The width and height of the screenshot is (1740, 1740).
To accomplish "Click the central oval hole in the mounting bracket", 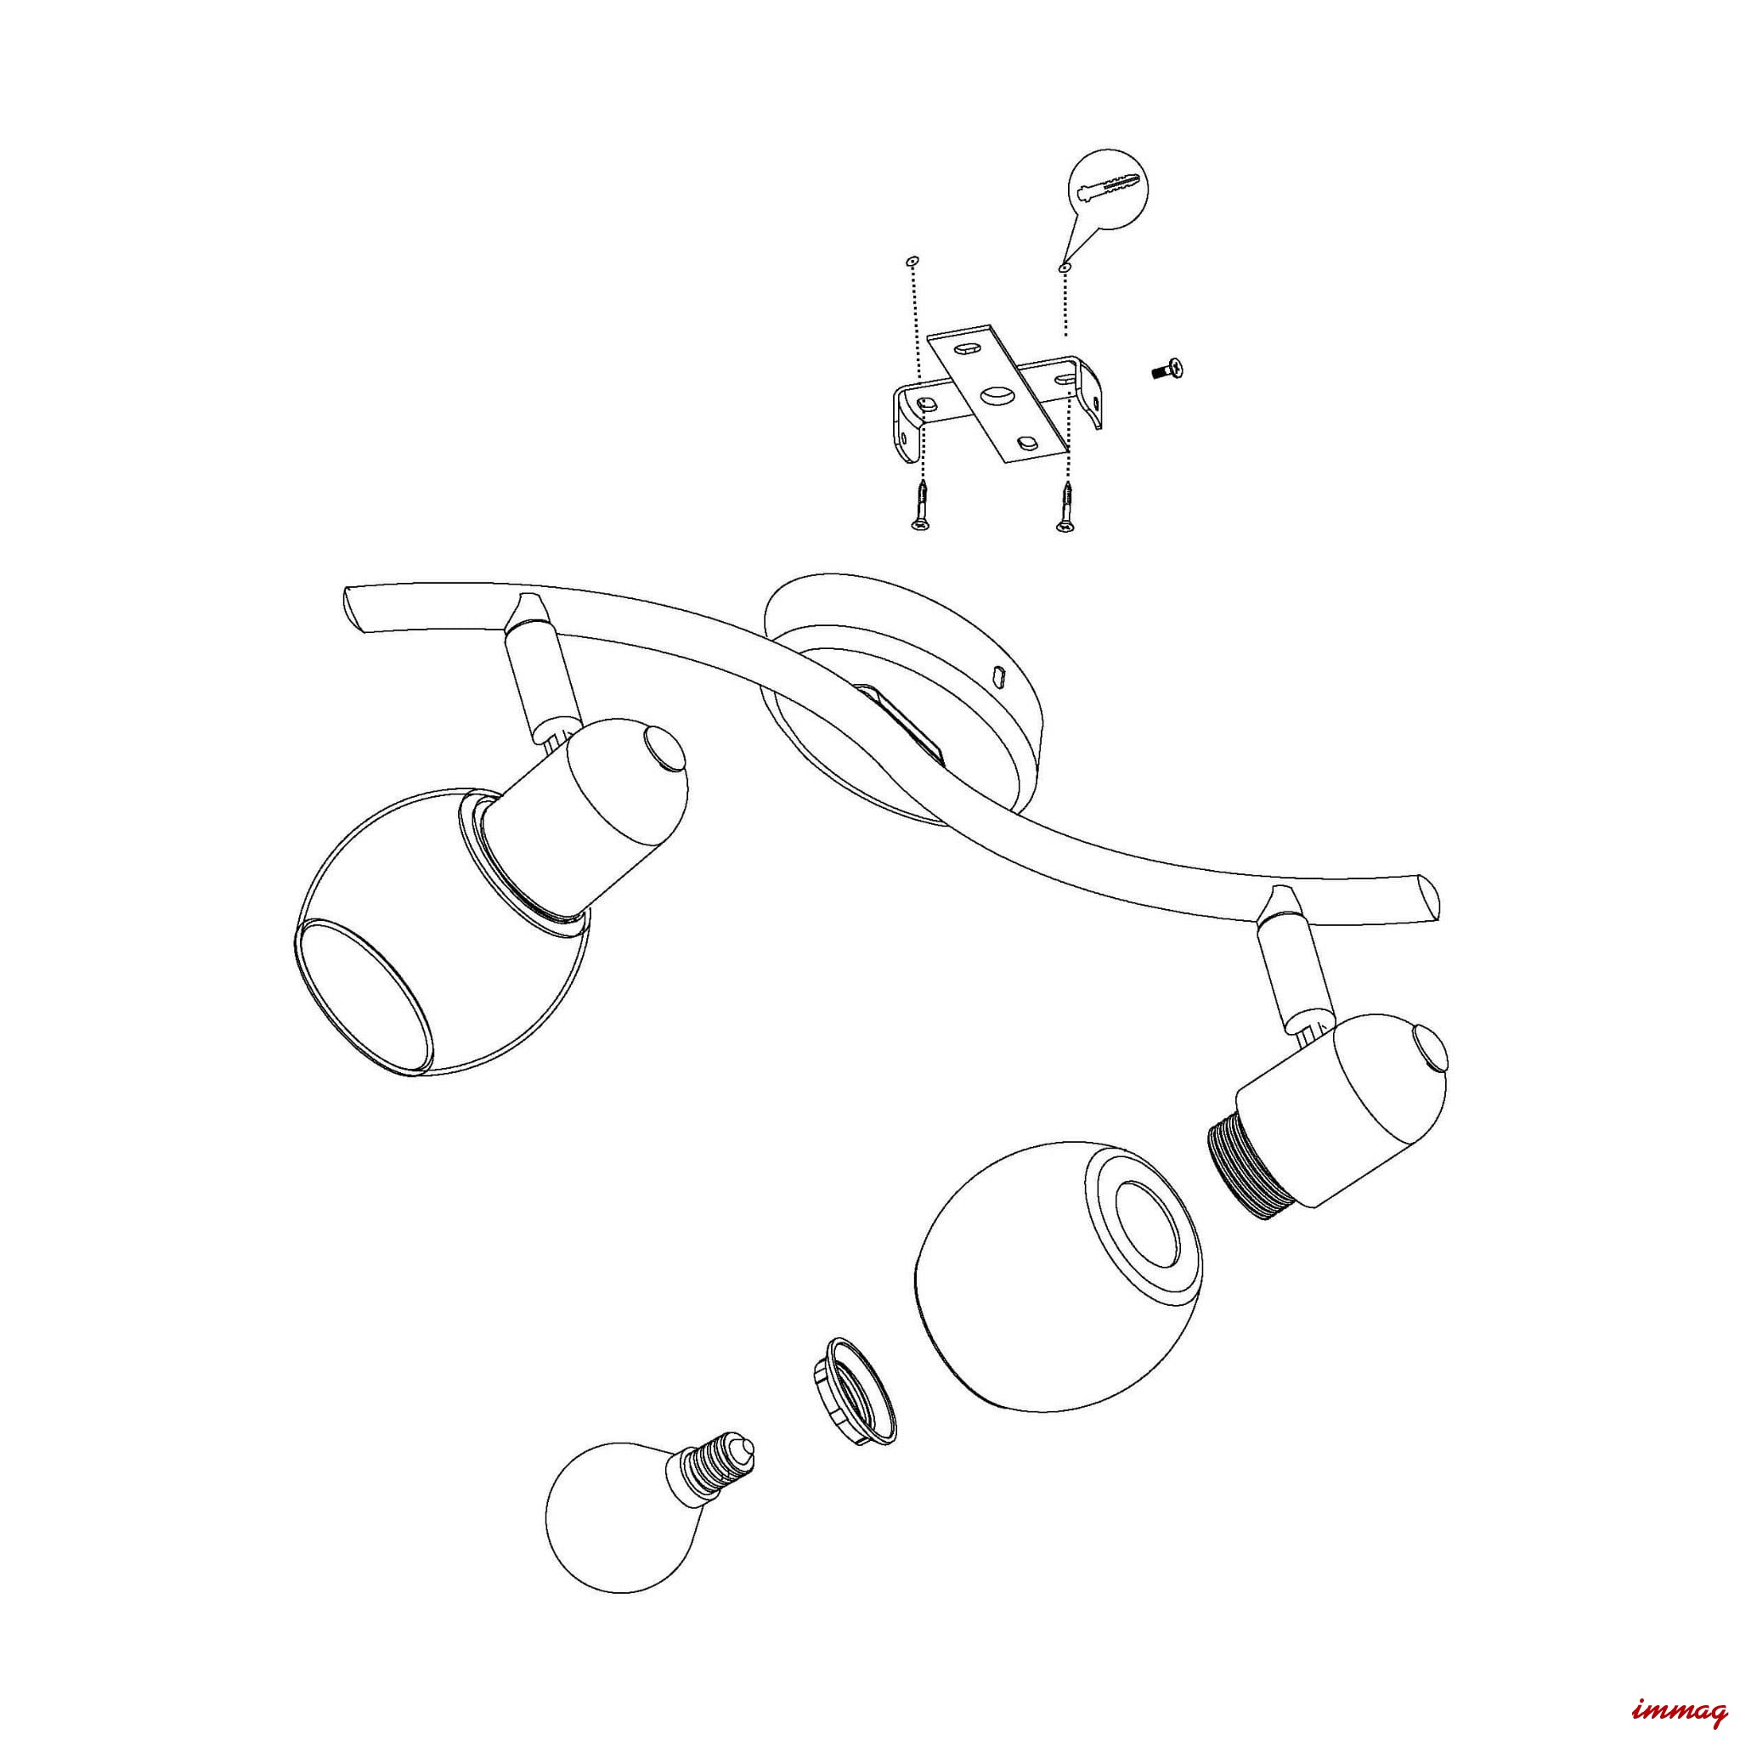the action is click(993, 393).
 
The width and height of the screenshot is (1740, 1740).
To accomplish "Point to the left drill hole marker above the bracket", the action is click(913, 261).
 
